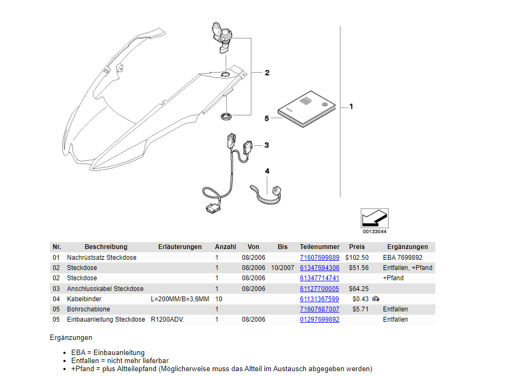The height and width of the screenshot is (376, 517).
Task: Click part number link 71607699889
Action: click(x=319, y=258)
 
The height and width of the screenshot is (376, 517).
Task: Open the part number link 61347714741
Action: click(x=319, y=278)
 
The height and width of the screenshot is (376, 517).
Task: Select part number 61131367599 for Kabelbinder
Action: click(x=319, y=299)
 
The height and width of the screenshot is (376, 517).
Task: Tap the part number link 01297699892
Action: click(x=319, y=320)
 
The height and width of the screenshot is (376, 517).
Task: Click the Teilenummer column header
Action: click(x=319, y=247)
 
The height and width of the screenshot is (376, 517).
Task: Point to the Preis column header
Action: click(x=357, y=247)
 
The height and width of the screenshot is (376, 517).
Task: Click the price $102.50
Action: click(x=357, y=258)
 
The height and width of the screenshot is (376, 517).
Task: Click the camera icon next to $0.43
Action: click(x=376, y=299)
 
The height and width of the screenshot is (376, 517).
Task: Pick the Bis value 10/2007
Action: click(x=283, y=268)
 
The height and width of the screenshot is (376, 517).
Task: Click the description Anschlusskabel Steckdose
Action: click(x=105, y=289)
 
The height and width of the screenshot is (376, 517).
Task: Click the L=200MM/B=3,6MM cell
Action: click(x=180, y=299)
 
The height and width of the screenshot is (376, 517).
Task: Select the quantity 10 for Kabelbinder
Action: click(x=219, y=299)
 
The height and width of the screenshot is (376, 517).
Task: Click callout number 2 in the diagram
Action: click(x=267, y=73)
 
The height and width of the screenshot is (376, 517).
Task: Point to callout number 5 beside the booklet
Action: click(x=267, y=118)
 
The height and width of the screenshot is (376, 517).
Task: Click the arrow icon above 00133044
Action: click(x=374, y=218)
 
